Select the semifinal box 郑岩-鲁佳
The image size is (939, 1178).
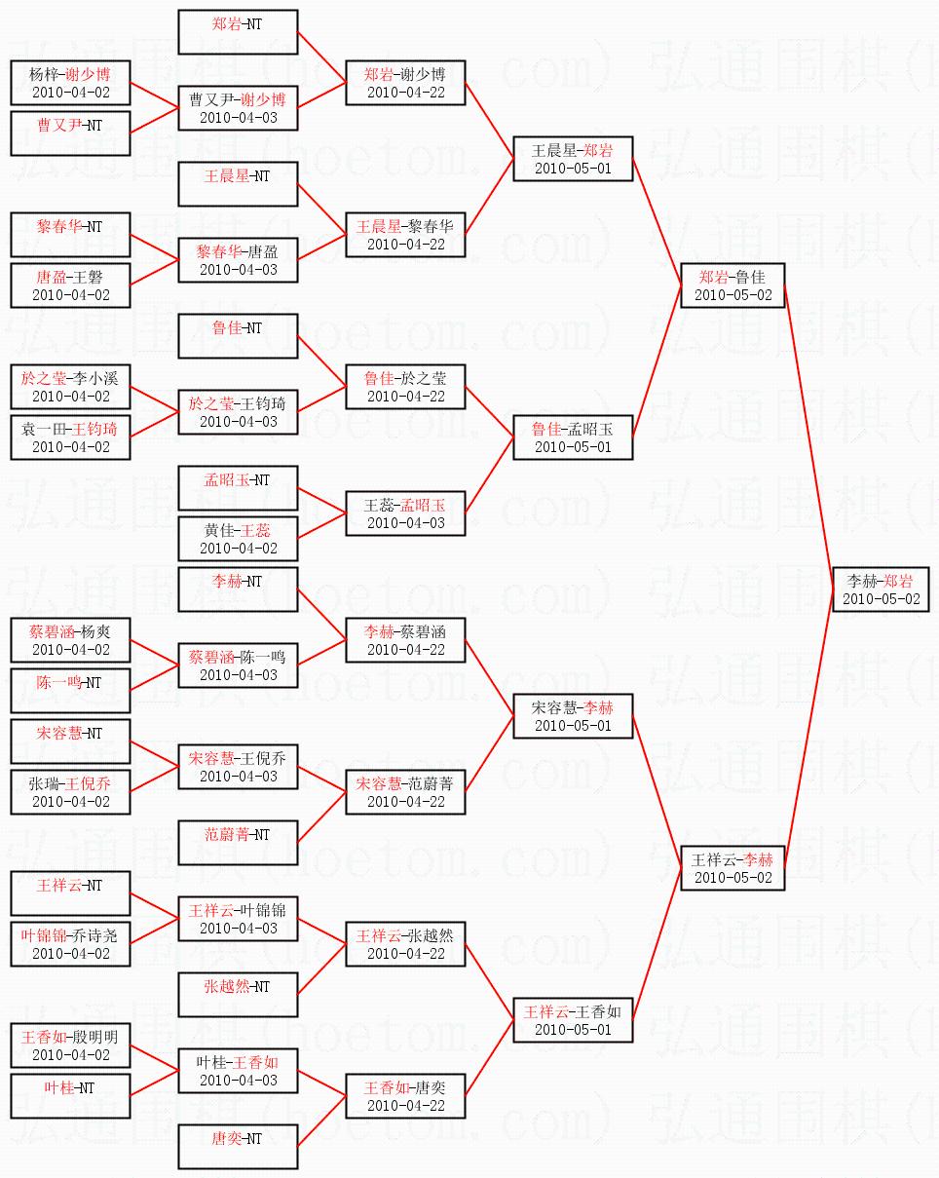[x=732, y=285]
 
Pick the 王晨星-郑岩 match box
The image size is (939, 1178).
[x=573, y=159]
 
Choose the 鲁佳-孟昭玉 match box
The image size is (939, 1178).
[x=573, y=437]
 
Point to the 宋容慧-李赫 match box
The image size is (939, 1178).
[x=573, y=716]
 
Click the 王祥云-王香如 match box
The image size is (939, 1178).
[x=573, y=1020]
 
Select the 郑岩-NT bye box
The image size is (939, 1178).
[x=238, y=32]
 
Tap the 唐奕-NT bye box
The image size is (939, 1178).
[x=238, y=1147]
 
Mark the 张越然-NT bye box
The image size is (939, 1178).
[x=238, y=995]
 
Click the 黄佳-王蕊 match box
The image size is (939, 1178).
[x=238, y=539]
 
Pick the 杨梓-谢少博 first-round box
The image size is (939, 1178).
[x=70, y=83]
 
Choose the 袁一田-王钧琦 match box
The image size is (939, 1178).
[x=70, y=437]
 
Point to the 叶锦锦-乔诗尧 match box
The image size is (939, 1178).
[x=70, y=944]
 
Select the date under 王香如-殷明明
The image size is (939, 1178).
[x=70, y=1055]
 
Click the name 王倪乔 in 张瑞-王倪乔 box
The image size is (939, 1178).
[x=89, y=782]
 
